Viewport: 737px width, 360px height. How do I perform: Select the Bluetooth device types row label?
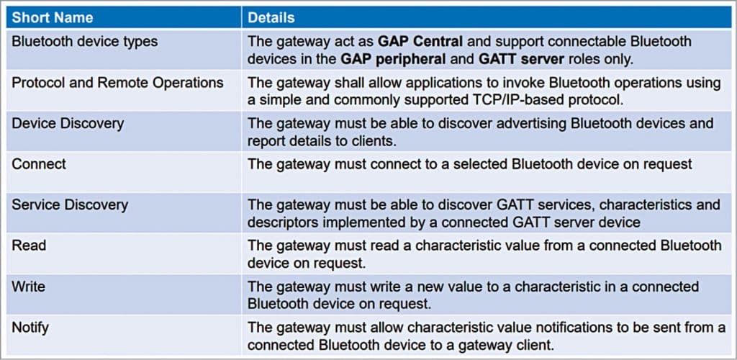click(84, 42)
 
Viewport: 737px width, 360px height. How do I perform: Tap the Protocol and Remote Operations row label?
click(117, 82)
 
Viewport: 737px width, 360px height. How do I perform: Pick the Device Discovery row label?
click(68, 123)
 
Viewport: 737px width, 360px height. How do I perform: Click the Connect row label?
click(39, 163)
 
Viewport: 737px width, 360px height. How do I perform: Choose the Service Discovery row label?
click(70, 204)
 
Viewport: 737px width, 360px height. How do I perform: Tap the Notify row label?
click(30, 328)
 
